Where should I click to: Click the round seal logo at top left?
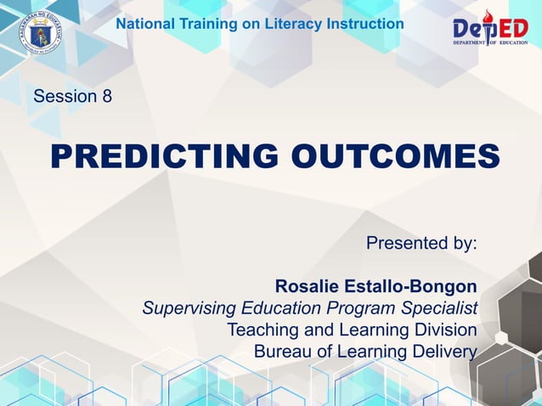click(x=39, y=34)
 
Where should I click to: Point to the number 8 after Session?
click(x=106, y=96)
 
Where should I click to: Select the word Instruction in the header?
click(x=367, y=24)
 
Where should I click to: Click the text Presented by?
click(x=421, y=243)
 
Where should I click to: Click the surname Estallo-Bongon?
click(x=411, y=286)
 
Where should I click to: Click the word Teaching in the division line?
click(x=259, y=330)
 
